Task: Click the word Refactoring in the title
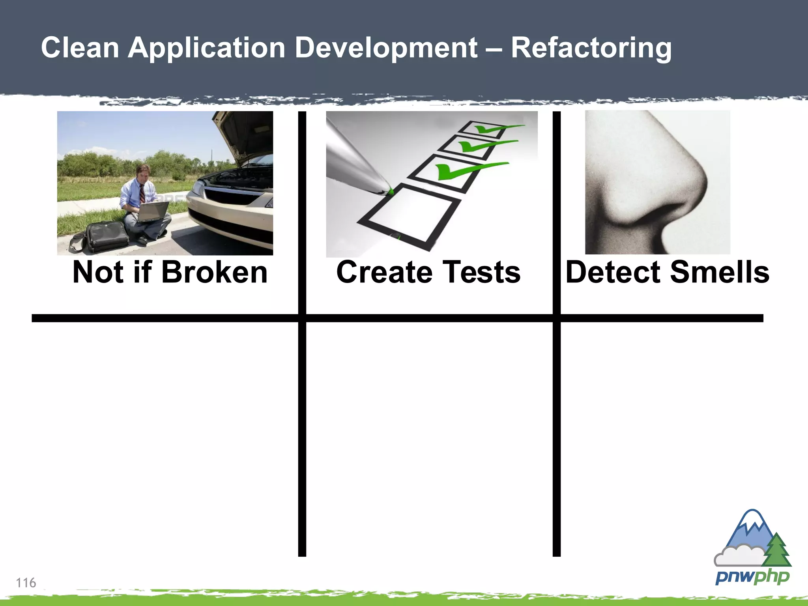click(x=591, y=48)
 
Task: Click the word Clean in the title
click(x=80, y=48)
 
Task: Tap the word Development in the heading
click(x=386, y=48)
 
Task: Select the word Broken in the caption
click(x=214, y=272)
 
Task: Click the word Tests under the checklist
click(x=481, y=272)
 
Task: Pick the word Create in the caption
click(x=384, y=272)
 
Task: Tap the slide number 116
click(x=26, y=583)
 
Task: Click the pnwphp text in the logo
click(x=752, y=577)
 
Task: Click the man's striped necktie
click(x=142, y=193)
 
